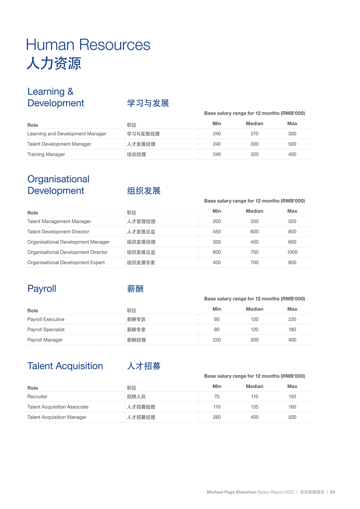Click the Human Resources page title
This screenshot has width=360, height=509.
[x=88, y=45]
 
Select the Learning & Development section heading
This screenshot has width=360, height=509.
[x=55, y=97]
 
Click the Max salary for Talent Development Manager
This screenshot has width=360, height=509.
[x=292, y=144]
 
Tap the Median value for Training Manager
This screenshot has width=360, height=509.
[x=254, y=154]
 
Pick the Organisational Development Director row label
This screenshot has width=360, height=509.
[x=67, y=252]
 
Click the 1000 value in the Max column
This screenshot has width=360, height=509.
[x=292, y=252]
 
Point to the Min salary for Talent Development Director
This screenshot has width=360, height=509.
[x=217, y=232]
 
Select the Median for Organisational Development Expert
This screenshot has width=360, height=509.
[x=254, y=263]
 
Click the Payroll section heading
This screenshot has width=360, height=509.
[x=42, y=289]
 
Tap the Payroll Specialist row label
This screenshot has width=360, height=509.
[x=46, y=330]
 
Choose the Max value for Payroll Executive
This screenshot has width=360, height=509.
[x=292, y=319]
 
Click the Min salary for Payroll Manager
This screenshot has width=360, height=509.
[x=217, y=340]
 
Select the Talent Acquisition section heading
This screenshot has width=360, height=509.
[x=65, y=366]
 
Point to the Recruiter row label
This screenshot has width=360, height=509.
[x=37, y=397]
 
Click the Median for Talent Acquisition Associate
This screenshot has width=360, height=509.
[x=254, y=407]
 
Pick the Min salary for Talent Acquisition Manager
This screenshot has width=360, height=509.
[x=217, y=417]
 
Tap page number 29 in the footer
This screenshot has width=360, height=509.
[x=332, y=492]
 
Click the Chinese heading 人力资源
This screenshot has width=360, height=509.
[x=54, y=63]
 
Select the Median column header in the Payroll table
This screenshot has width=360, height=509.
[x=254, y=309]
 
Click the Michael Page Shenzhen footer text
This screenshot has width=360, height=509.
[x=231, y=492]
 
